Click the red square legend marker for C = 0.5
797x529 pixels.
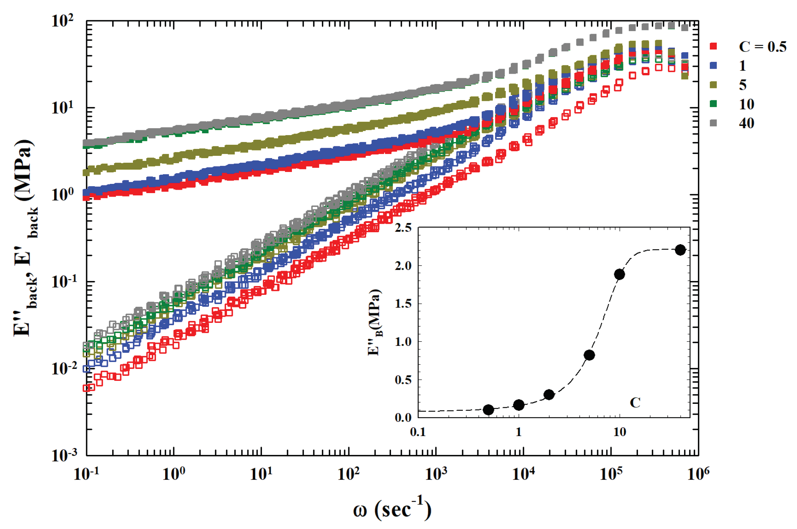pyautogui.click(x=713, y=46)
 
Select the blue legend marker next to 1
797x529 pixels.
pyautogui.click(x=713, y=66)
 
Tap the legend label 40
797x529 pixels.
pyautogui.click(x=746, y=123)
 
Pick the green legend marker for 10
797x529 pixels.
pyautogui.click(x=713, y=104)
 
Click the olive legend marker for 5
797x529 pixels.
pyautogui.click(x=713, y=85)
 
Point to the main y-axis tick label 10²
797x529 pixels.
pyautogui.click(x=63, y=20)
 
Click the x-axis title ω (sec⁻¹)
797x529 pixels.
pyautogui.click(x=392, y=509)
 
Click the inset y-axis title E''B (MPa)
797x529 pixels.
pyautogui.click(x=374, y=322)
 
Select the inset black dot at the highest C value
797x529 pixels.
pyautogui.click(x=680, y=250)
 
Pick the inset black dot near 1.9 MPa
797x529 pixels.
pyautogui.click(x=619, y=274)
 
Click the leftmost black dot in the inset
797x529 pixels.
pyautogui.click(x=489, y=410)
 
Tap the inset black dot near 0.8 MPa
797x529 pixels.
pyautogui.click(x=589, y=355)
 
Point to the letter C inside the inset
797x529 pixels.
pyautogui.click(x=635, y=402)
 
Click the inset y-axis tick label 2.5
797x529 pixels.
pyautogui.click(x=403, y=228)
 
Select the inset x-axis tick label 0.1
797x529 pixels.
pyautogui.click(x=418, y=432)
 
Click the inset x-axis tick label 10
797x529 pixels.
pyautogui.click(x=619, y=432)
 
